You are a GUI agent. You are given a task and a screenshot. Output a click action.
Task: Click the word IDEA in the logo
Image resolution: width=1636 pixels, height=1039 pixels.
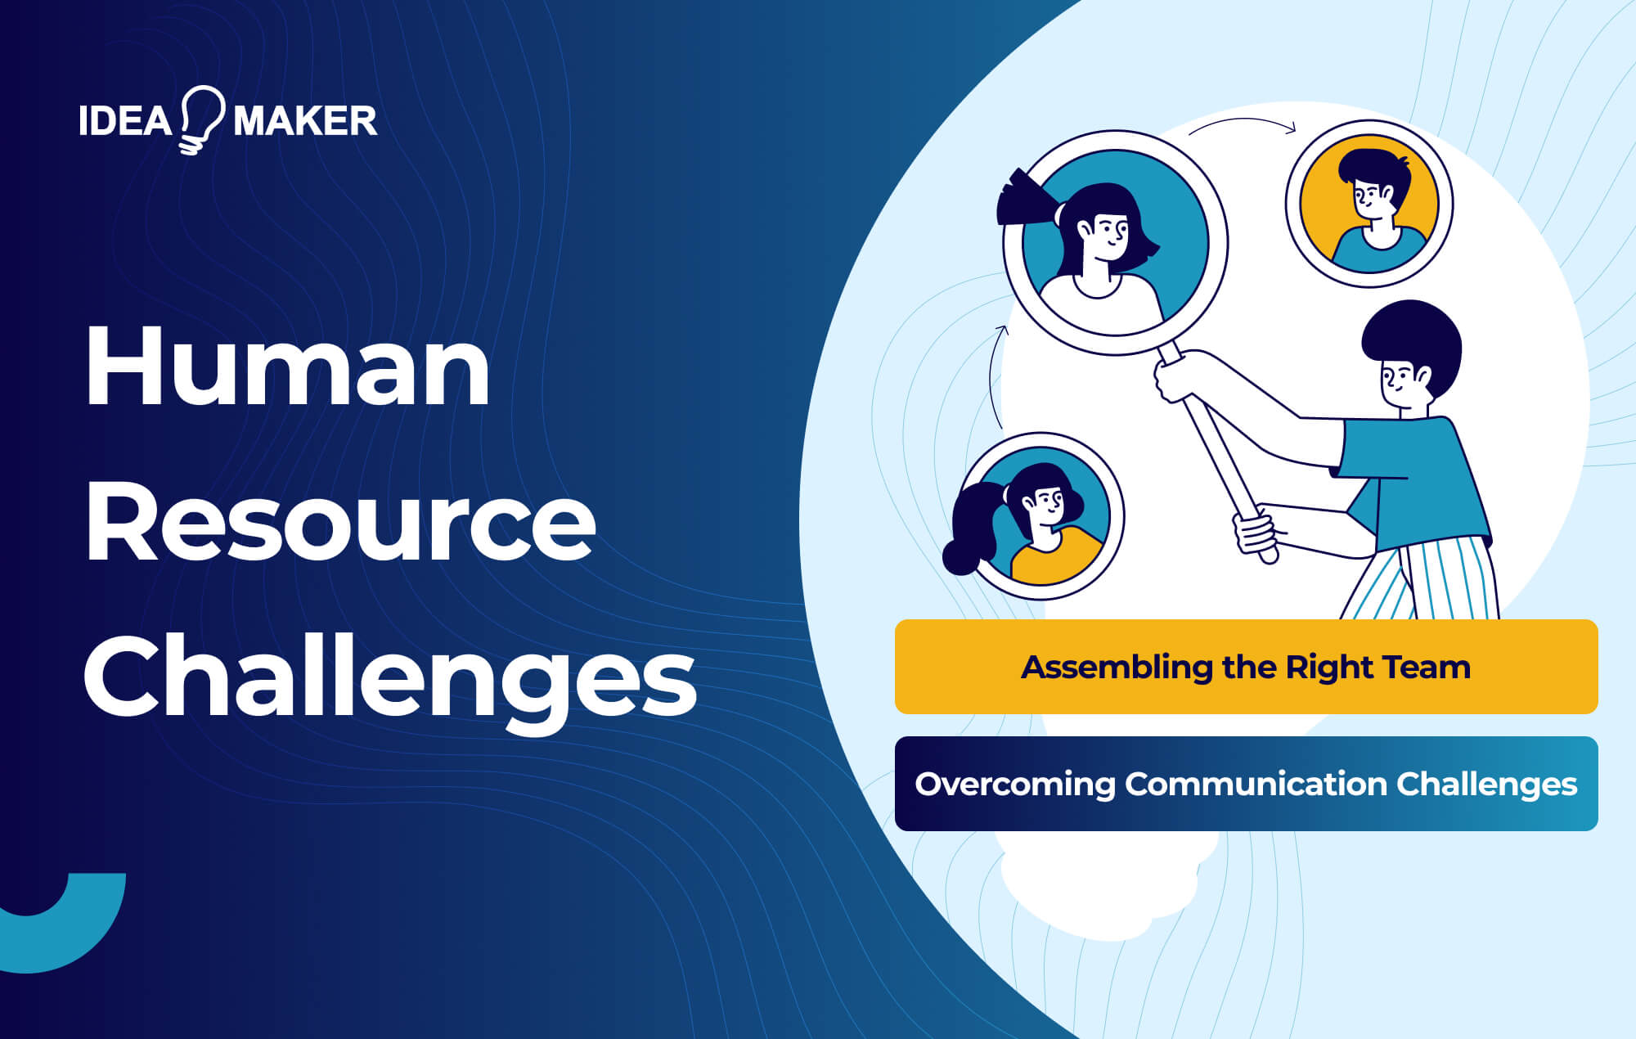(x=124, y=121)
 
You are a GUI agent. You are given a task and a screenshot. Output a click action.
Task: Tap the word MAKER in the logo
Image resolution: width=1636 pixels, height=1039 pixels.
(x=305, y=121)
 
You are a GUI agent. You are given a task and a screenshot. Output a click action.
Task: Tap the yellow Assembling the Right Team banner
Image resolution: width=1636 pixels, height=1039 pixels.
(x=1246, y=667)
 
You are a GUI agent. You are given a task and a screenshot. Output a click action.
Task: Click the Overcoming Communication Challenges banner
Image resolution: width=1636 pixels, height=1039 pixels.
(x=1246, y=784)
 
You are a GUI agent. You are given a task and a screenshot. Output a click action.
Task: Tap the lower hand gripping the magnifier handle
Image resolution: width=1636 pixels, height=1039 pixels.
(x=1255, y=533)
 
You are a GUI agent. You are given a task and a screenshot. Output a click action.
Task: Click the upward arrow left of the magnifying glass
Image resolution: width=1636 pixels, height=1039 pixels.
(x=995, y=376)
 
